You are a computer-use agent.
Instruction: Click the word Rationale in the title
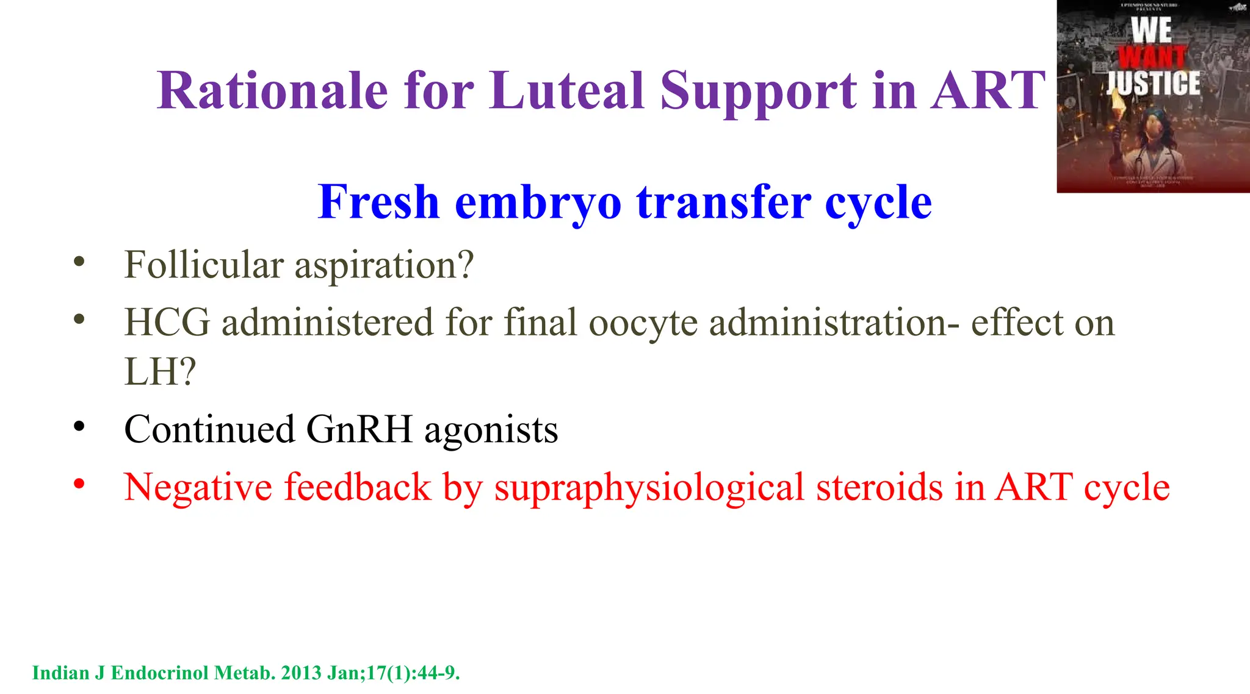[x=272, y=91]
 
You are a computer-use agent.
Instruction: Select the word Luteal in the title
[x=567, y=91]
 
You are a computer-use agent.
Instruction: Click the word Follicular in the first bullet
[x=204, y=265]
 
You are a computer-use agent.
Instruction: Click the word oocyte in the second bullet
[x=643, y=324]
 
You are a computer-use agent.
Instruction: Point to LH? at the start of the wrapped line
[x=160, y=371]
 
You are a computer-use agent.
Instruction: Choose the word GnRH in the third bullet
[x=359, y=429]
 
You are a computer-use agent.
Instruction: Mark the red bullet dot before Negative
[x=79, y=484]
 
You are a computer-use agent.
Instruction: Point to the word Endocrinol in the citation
[x=160, y=673]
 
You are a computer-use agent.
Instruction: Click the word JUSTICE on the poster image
[x=1153, y=83]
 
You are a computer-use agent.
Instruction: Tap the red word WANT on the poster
[x=1152, y=57]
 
